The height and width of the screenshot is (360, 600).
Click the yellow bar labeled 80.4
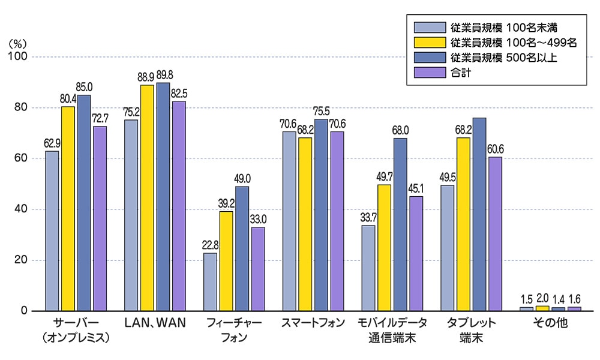tap(68, 209)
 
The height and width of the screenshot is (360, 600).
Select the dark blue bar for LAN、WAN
tap(163, 197)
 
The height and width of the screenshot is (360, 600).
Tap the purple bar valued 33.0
tap(257, 269)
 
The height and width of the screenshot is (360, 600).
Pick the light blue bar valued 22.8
tap(210, 282)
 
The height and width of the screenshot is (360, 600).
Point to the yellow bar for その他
tap(542, 308)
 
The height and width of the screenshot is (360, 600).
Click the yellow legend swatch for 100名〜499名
tap(427, 43)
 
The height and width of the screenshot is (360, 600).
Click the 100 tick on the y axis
tap(19, 57)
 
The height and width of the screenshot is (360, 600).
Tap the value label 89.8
tap(163, 76)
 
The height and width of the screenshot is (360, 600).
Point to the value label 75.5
tap(321, 112)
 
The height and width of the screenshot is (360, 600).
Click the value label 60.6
tap(495, 150)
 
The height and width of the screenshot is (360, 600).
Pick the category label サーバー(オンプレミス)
tap(76, 330)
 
